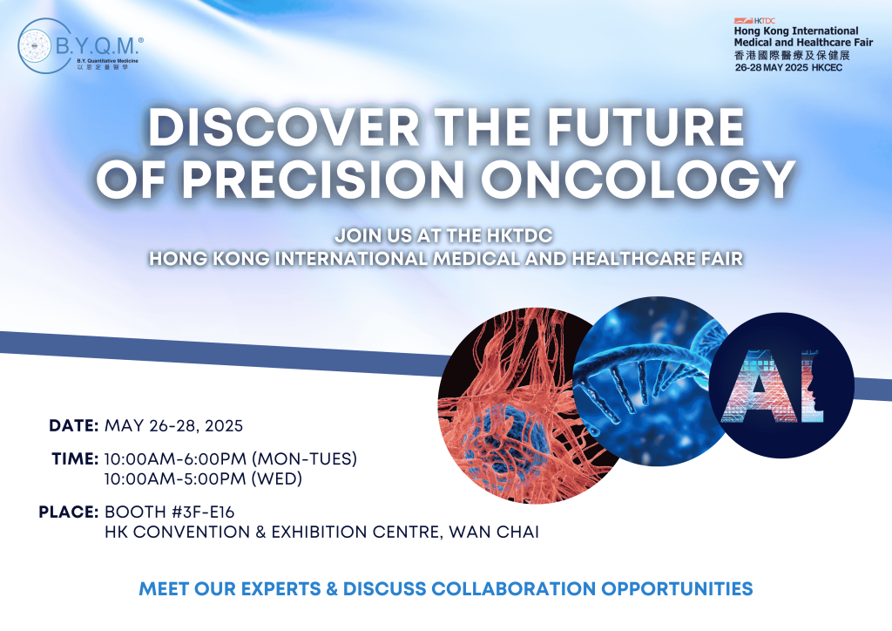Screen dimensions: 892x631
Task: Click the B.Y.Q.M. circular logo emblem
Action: click(44, 45)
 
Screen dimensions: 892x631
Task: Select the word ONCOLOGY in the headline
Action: click(638, 180)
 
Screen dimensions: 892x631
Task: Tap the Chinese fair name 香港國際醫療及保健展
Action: click(792, 55)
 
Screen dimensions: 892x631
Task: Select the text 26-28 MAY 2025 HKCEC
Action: click(788, 68)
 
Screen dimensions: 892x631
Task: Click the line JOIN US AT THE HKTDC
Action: click(443, 235)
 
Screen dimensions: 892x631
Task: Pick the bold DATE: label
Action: click(74, 425)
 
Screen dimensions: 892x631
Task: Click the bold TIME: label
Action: click(75, 458)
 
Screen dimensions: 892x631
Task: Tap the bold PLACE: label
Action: click(69, 512)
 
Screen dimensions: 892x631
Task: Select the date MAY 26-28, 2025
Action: click(173, 426)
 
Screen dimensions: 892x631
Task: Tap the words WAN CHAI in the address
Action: click(494, 532)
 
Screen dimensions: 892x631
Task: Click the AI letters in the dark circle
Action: click(773, 386)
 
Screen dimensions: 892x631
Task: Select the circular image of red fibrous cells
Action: click(526, 405)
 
